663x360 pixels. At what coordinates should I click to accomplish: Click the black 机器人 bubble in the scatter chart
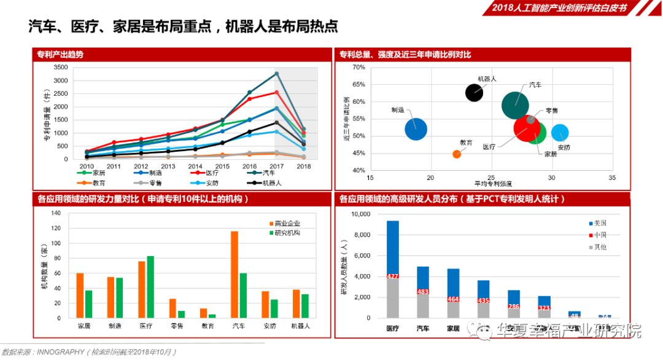click(474, 93)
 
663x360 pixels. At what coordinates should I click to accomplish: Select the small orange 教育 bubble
click(457, 154)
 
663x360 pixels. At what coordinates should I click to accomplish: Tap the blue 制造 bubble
click(416, 129)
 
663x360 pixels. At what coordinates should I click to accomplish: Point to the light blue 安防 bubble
click(560, 133)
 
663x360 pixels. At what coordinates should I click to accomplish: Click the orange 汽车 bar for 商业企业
click(234, 275)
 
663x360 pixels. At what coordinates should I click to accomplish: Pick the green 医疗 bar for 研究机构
click(150, 287)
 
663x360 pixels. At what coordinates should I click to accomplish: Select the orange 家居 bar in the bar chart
click(80, 295)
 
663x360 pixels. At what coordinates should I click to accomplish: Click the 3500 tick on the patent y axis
click(60, 67)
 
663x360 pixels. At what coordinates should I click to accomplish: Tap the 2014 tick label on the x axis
click(195, 166)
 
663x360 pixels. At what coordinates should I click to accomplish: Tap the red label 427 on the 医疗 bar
click(393, 276)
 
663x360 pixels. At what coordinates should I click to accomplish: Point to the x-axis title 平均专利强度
click(492, 184)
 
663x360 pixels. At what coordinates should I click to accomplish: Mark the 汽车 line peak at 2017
click(277, 74)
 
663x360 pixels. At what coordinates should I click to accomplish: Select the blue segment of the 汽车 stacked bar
click(423, 277)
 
